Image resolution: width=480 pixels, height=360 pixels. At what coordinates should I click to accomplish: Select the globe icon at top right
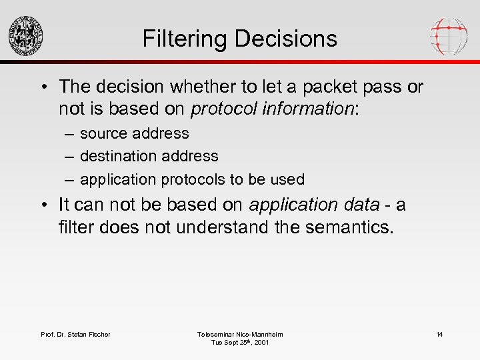pos(448,35)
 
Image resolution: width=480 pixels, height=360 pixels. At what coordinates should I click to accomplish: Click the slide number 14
pos(439,334)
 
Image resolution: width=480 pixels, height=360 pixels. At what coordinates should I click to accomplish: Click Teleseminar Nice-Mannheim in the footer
pos(240,334)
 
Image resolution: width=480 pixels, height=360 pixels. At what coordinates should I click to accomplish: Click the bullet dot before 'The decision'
pos(43,87)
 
